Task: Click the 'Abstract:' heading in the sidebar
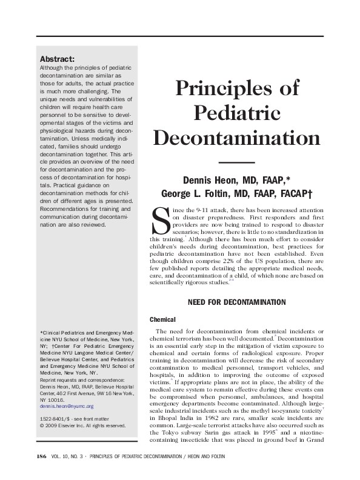click(x=57, y=59)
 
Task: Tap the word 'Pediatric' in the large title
click(x=237, y=113)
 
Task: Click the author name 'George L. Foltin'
click(x=195, y=194)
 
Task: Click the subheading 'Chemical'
click(x=162, y=319)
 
